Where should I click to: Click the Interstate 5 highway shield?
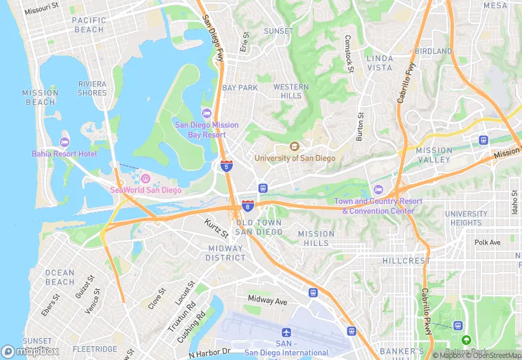point(226,166)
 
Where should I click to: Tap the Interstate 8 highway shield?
point(247,206)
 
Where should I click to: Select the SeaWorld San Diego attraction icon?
point(145,179)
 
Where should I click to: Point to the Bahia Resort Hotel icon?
point(65,142)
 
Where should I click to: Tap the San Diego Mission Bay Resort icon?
point(206,113)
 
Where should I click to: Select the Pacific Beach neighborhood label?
point(89,25)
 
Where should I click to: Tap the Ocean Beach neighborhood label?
point(60,278)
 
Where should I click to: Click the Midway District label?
point(225,253)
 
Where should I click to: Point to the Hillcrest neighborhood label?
point(406,261)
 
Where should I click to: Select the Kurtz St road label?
point(216,225)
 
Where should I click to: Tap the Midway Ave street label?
point(267,300)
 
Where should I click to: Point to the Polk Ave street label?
point(488,243)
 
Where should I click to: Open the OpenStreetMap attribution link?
point(493,355)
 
